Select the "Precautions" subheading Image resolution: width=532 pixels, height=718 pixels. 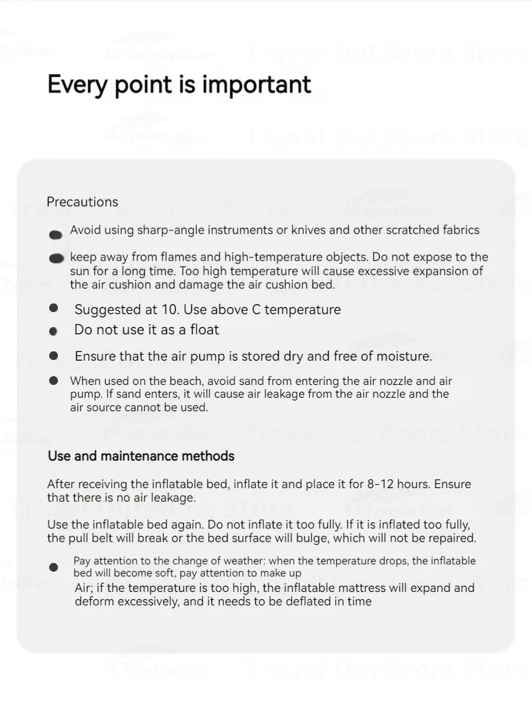pos(82,202)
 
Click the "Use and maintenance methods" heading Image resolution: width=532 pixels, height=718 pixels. pos(141,456)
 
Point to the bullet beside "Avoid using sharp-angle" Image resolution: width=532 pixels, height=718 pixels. pos(56,235)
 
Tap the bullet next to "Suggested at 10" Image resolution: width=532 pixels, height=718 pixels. pos(54,308)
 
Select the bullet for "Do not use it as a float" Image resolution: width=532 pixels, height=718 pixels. pos(54,331)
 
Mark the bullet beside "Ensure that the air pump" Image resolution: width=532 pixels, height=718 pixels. pos(54,355)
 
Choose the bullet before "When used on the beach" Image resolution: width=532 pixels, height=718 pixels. pos(54,381)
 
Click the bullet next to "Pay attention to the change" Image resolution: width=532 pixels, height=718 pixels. pos(54,567)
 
